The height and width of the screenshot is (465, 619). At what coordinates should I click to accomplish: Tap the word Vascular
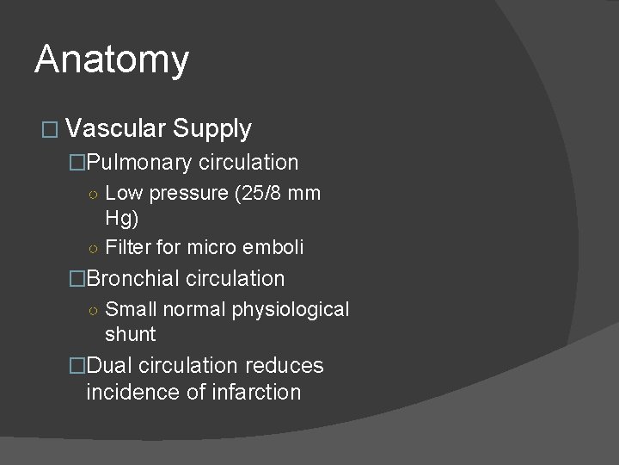114,129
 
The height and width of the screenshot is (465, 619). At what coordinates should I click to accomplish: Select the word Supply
211,129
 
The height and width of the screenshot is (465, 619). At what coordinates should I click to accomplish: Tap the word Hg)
122,217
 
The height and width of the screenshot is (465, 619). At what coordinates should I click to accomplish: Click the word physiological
290,309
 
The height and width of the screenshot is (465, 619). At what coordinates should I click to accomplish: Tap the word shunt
131,333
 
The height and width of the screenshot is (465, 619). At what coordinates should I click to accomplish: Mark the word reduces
285,366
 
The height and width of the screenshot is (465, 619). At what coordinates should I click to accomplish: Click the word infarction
255,393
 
